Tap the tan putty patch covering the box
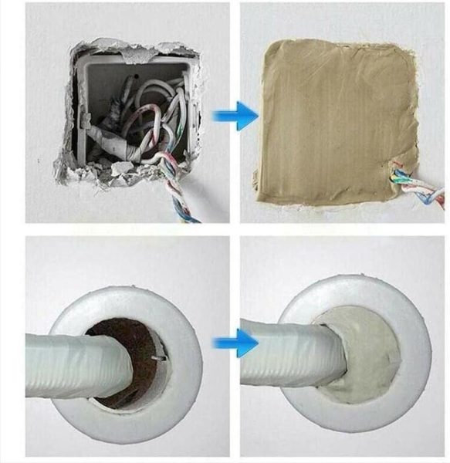click(332, 116)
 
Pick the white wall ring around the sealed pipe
click(417, 347)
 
